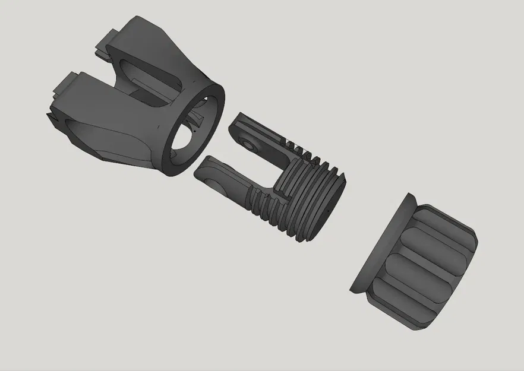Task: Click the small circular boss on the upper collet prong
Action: [x=248, y=142]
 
